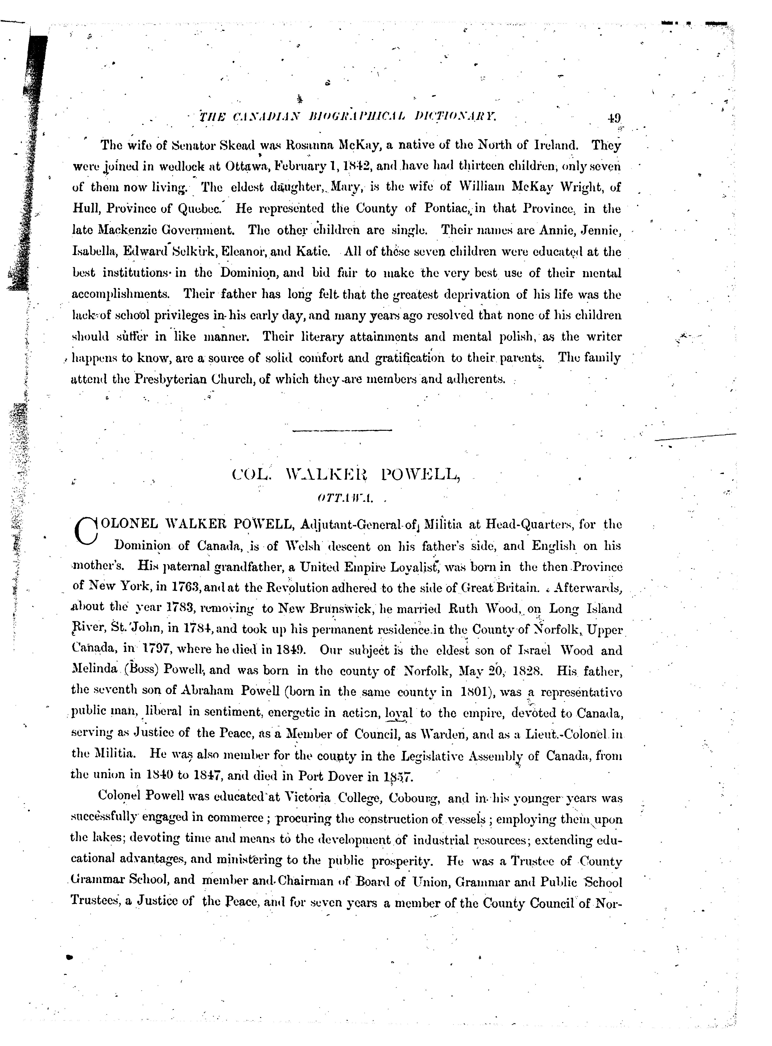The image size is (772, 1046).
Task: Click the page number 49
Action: (614, 117)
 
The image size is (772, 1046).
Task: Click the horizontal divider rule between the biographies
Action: (342, 430)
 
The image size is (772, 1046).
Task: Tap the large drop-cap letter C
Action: (85, 530)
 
